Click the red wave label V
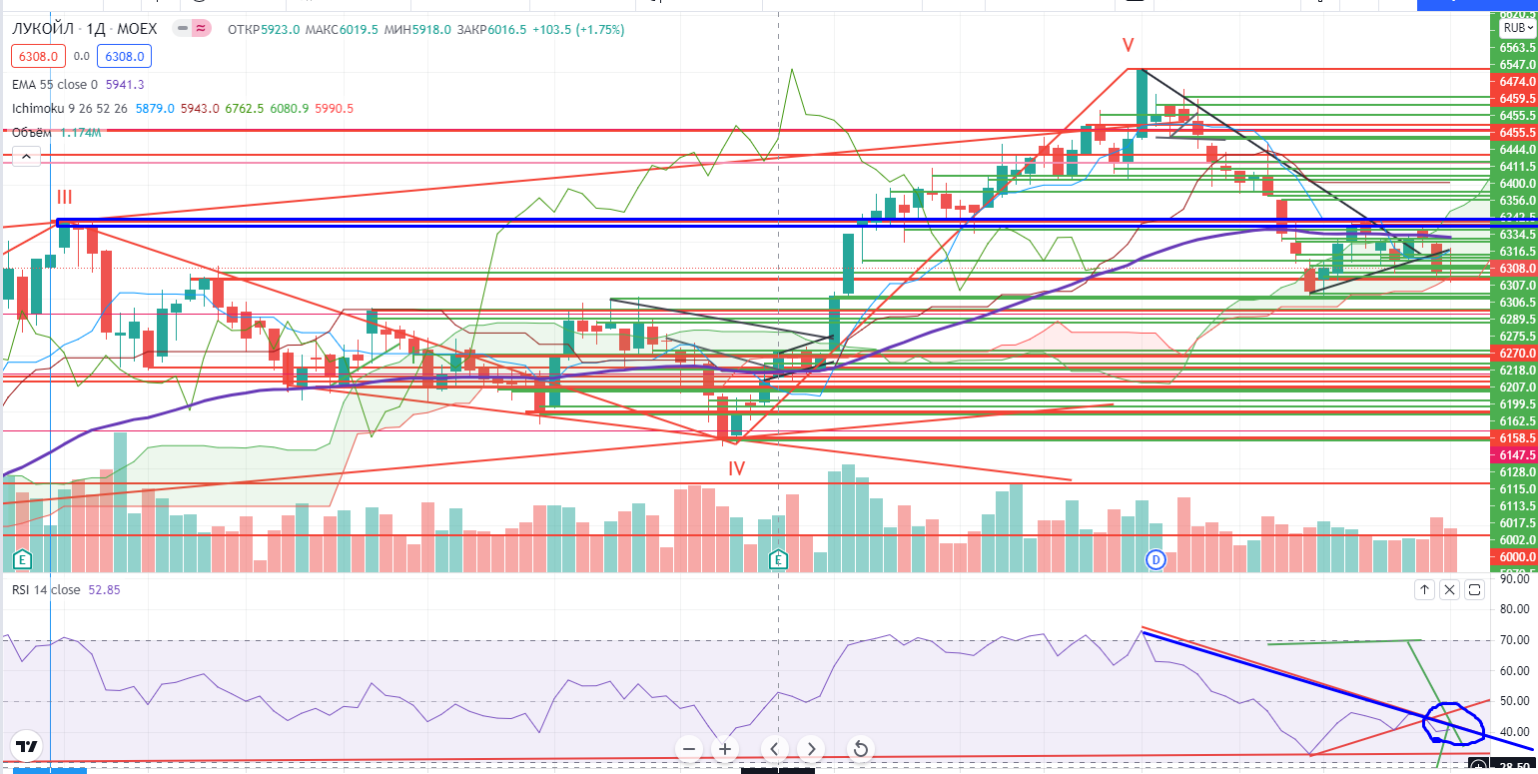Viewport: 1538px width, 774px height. (x=1128, y=45)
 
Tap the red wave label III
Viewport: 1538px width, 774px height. (x=64, y=197)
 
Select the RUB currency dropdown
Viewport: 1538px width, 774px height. (x=1512, y=29)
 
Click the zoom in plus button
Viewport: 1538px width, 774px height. (x=725, y=748)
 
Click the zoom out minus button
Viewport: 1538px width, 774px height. (x=688, y=748)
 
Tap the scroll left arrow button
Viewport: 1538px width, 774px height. (x=774, y=748)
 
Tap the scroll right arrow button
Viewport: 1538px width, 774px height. (x=811, y=748)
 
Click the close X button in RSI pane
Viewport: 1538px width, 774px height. (x=1449, y=590)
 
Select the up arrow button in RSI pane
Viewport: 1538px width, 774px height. (x=1424, y=590)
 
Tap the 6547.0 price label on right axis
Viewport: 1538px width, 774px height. (x=1516, y=63)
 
